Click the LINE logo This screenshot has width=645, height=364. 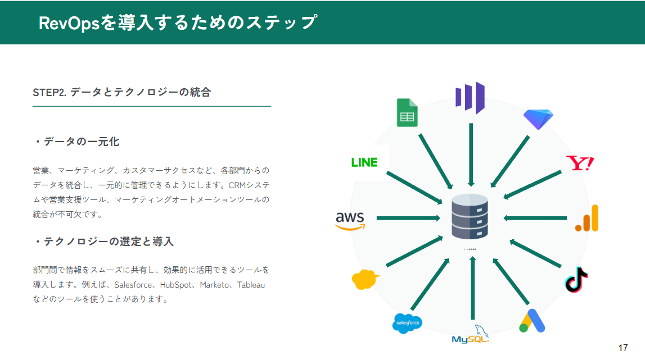tap(364, 162)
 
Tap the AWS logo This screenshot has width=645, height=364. tap(350, 220)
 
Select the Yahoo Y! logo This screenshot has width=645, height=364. tap(580, 163)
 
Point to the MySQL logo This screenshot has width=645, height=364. tap(471, 335)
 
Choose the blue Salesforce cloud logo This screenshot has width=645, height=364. tap(407, 323)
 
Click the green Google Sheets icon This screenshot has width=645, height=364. tap(407, 113)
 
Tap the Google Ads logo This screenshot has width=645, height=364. tap(532, 321)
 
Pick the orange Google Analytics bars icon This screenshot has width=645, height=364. tap(587, 219)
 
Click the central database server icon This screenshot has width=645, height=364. tap(470, 217)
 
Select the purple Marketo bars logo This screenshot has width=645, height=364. tap(470, 98)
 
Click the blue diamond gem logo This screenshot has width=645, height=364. tap(538, 119)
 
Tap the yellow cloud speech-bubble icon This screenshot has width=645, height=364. tap(364, 279)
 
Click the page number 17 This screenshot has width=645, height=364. tap(623, 348)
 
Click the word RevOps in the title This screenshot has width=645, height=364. tap(69, 23)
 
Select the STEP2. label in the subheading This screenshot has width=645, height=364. tap(49, 93)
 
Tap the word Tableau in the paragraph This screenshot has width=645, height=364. tap(251, 285)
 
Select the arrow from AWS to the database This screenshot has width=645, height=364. tap(408, 218)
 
